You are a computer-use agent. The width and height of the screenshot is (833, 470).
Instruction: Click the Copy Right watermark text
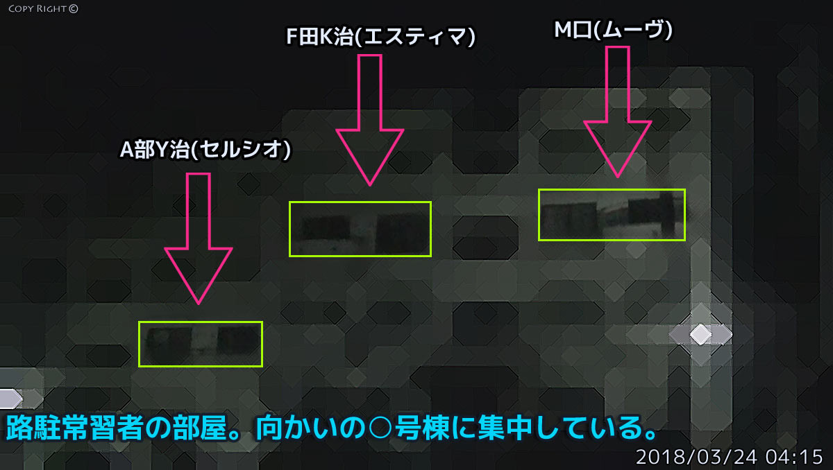[x=43, y=8]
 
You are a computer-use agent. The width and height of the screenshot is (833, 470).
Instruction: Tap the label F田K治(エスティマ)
[x=380, y=36]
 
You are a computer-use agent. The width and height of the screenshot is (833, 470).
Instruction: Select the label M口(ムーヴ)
[x=613, y=30]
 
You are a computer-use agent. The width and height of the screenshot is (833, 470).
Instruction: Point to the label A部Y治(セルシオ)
[x=205, y=150]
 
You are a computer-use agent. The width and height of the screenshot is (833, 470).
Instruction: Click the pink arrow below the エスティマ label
[x=369, y=119]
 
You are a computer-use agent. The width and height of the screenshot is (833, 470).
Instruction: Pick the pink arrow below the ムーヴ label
[x=618, y=112]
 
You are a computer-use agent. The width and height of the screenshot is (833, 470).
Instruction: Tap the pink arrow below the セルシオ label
[x=199, y=238]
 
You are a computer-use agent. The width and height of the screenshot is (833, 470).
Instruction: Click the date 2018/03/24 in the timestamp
[x=696, y=457]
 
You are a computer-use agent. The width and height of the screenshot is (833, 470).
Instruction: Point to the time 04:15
[x=794, y=457]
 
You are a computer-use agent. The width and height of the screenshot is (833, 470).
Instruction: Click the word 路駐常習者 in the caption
[x=75, y=428]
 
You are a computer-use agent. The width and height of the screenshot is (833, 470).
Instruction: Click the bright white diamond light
[x=700, y=334]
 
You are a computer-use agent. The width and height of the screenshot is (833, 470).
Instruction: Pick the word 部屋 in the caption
[x=200, y=428]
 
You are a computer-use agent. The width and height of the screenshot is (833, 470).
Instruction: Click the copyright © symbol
[x=74, y=8]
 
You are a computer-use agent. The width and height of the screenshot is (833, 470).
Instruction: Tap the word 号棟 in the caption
[x=422, y=428]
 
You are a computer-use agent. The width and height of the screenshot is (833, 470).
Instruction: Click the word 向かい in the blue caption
[x=297, y=428]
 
